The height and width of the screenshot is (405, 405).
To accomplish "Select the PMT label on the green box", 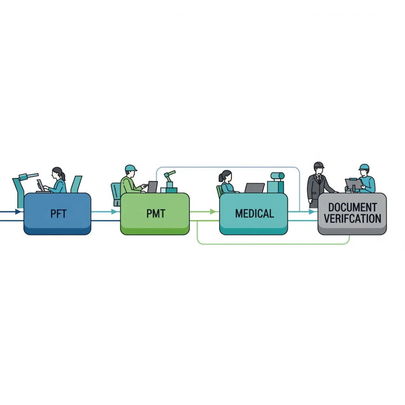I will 155,214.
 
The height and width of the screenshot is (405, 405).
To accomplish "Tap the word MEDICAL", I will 254,214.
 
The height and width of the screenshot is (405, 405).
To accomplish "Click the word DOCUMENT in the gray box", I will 352,207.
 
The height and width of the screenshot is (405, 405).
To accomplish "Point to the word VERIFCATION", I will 352,218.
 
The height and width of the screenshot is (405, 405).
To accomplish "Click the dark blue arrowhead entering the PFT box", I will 18,212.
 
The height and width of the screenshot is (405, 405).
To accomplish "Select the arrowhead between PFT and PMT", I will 115,212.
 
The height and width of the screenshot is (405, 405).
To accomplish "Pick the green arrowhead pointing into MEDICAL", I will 214,212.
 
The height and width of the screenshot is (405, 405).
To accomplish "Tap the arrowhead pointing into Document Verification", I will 312,212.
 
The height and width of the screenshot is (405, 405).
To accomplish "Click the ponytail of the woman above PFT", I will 63,176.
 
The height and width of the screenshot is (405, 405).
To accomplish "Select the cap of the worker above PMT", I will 131,168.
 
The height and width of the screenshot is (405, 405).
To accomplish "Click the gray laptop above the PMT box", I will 152,187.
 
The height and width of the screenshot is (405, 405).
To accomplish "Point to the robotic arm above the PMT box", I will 169,178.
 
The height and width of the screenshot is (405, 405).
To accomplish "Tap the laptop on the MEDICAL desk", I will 254,187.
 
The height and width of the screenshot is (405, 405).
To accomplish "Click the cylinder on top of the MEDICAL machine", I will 277,176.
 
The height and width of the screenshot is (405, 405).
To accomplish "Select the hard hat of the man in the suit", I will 318,165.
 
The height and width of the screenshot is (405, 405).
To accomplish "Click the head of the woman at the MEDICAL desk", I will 226,175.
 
